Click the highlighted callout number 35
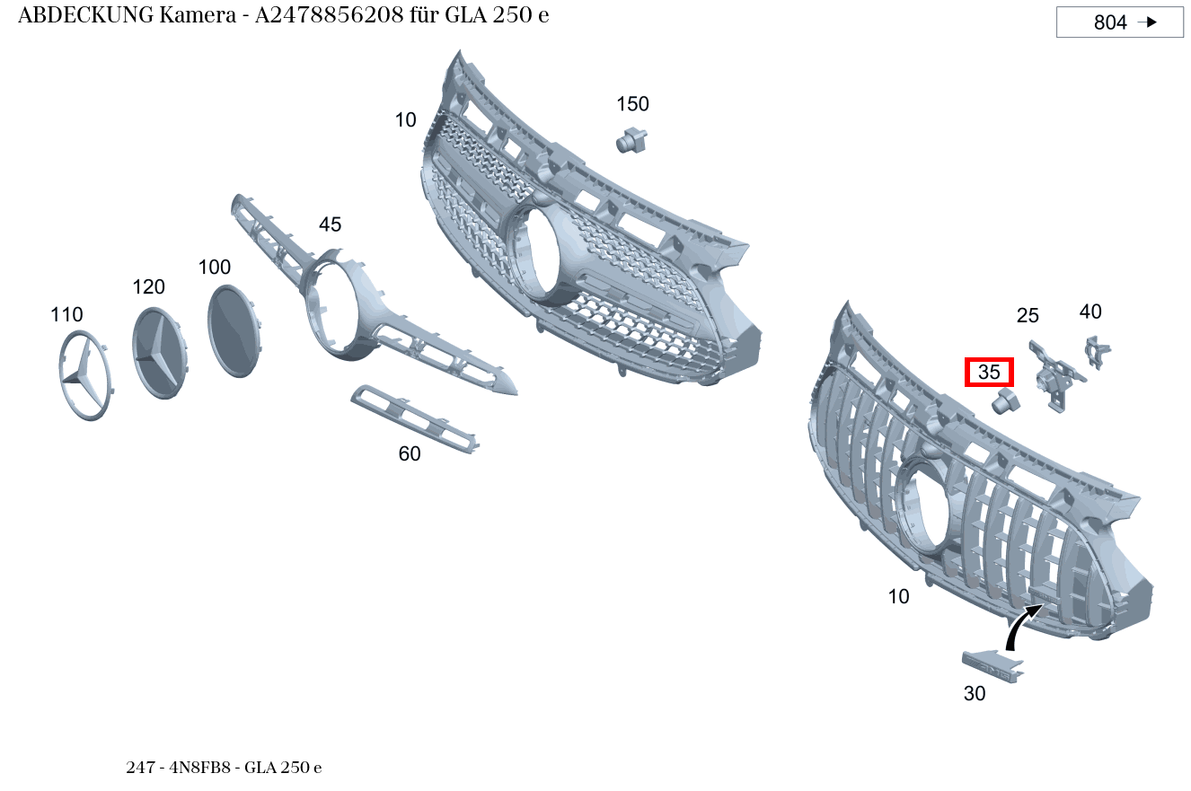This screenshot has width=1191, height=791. point(988,372)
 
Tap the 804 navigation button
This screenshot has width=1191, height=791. point(1119,22)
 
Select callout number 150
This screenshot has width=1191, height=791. point(632,104)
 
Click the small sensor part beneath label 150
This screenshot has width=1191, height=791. point(632,139)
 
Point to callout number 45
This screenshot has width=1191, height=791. point(330,224)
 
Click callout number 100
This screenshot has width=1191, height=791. point(215,267)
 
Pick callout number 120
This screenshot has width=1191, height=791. point(149,286)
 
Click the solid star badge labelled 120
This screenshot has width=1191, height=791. point(159,350)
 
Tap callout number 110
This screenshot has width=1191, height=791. point(66,314)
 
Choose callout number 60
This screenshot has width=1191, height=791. point(410,454)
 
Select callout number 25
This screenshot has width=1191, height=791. point(1028,316)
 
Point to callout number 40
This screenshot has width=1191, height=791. point(1090,312)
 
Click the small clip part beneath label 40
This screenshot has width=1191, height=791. point(1097,351)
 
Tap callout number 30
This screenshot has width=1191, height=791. point(975,694)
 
